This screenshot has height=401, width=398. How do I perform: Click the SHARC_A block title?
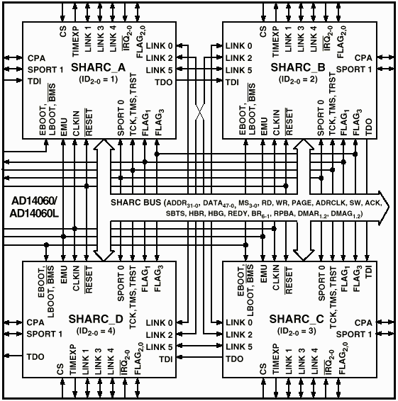[x=99, y=67]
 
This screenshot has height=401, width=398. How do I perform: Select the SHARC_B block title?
[x=298, y=67]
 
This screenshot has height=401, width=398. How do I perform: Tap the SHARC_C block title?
[x=297, y=319]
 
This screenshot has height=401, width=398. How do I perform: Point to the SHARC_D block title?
[x=96, y=319]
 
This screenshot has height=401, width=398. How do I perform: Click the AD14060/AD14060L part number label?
[x=34, y=207]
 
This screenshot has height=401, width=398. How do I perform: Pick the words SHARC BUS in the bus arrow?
[x=136, y=203]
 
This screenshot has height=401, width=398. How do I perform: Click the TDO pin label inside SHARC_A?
[x=164, y=82]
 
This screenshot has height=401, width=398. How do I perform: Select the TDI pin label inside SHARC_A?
[x=35, y=81]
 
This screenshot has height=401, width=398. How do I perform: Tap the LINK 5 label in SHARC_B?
[x=238, y=70]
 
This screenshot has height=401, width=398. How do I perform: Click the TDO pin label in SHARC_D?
[x=35, y=357]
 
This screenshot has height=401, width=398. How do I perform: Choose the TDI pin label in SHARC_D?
[x=166, y=359]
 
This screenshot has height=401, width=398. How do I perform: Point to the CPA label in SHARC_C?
[x=363, y=323]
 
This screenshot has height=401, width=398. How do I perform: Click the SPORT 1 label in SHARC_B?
[x=354, y=69]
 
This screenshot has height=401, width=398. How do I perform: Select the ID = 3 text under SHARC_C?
[x=297, y=331]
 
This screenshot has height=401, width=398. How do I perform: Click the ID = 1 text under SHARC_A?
[x=99, y=79]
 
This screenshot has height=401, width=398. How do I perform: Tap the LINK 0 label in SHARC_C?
[x=239, y=323]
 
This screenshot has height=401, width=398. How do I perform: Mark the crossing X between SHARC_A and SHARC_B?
[x=200, y=112]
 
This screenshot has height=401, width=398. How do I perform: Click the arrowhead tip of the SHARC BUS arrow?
[x=389, y=207]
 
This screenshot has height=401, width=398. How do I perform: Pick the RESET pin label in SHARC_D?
[x=89, y=280]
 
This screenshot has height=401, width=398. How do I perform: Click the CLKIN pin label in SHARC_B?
[x=276, y=123]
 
